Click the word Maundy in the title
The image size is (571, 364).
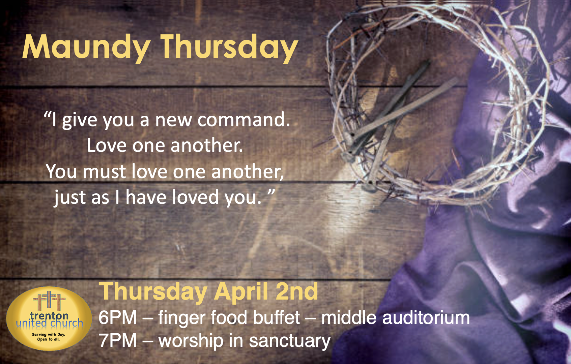click(x=86, y=48)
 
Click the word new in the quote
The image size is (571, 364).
click(x=173, y=120)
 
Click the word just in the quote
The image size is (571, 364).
click(x=69, y=197)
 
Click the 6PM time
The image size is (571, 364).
click(x=117, y=317)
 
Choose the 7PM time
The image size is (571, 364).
click(x=117, y=340)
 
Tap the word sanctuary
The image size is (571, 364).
click(x=290, y=342)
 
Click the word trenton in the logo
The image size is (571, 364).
click(x=49, y=315)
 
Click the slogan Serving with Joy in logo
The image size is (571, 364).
click(x=49, y=334)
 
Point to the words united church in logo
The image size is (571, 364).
click(x=50, y=323)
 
